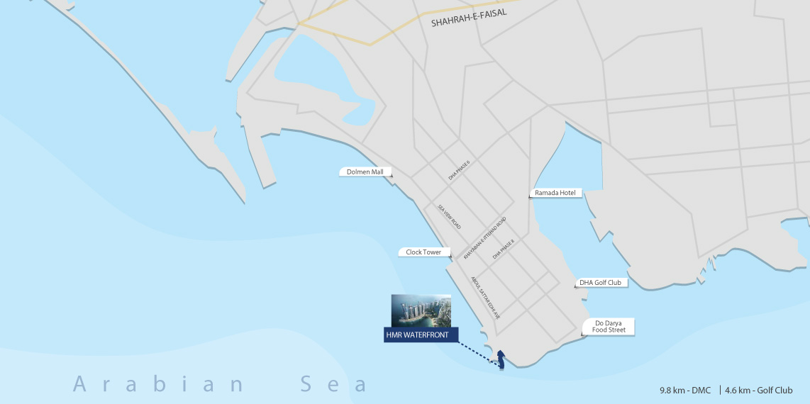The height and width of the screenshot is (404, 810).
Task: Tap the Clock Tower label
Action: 424,252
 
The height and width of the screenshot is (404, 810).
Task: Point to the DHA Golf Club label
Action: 600,283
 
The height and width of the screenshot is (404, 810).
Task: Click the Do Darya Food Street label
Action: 609,327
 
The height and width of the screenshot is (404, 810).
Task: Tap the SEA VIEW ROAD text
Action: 449,216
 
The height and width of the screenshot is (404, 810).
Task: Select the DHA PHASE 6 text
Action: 460,170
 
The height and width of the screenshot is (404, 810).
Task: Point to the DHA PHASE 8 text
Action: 503,250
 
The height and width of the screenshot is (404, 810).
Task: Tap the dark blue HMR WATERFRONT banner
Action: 421,335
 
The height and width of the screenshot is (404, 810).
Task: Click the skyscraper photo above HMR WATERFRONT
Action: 421,310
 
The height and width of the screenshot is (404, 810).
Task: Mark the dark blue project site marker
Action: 501,360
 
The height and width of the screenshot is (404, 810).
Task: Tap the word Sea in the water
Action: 333,385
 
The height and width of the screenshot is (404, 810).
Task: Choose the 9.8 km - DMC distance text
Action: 685,390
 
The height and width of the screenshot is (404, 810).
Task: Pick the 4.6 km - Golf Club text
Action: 758,390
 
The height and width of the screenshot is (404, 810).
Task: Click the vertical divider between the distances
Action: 719,390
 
